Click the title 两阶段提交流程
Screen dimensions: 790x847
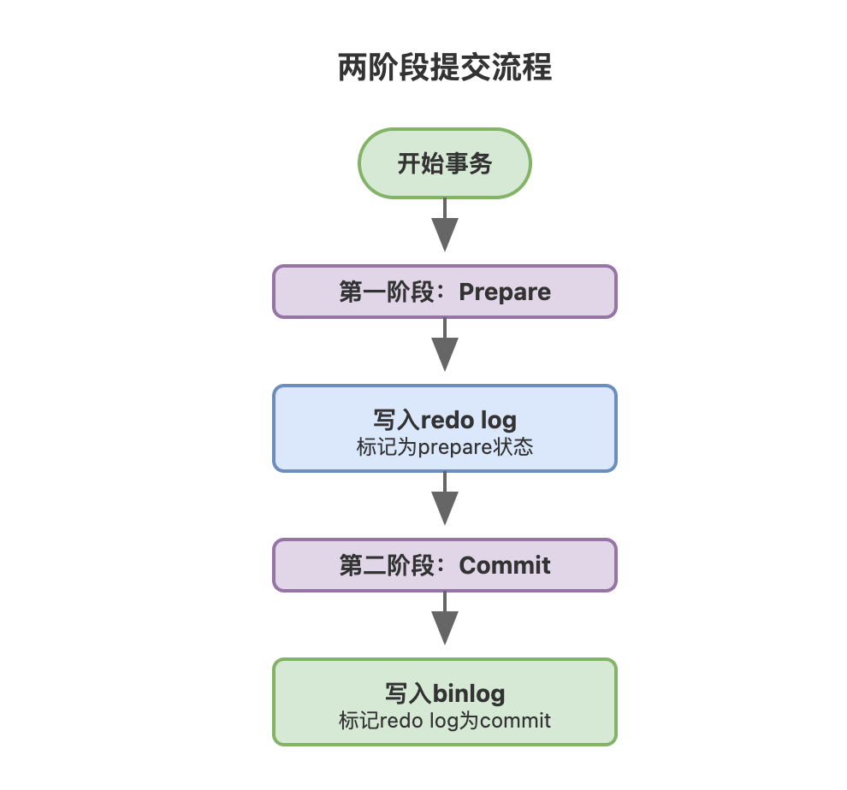445,68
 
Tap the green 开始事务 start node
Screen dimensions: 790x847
445,163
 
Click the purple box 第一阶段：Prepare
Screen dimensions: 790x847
445,292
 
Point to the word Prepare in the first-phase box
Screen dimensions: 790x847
505,292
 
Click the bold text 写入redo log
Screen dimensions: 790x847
445,420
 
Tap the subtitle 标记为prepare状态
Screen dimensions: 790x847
445,447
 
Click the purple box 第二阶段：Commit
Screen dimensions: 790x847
445,565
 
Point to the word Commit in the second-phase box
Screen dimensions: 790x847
505,565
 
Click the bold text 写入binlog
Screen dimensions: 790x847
445,693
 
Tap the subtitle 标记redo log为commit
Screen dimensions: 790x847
445,721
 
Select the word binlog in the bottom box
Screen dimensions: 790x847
469,693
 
